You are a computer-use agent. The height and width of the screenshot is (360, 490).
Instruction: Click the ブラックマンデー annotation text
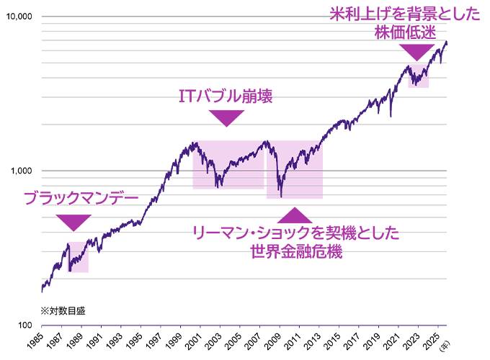[81, 197]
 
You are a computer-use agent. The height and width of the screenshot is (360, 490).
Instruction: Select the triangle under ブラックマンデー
[73, 222]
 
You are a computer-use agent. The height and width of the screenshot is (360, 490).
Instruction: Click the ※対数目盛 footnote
[63, 310]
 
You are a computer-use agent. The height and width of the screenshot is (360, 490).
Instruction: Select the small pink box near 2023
[418, 76]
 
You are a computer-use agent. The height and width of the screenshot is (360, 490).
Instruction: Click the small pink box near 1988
[78, 257]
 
